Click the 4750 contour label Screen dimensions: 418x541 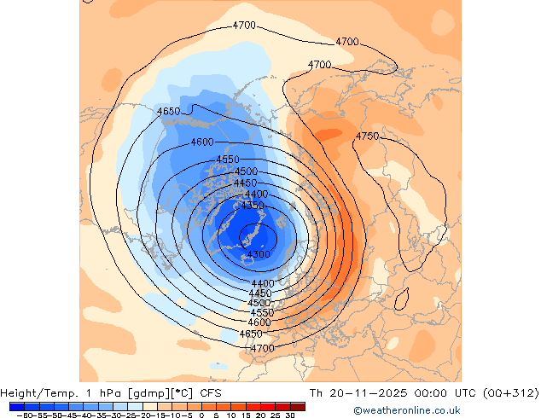pyautogui.click(x=368, y=136)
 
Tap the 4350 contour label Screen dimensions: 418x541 pyautogui.click(x=253, y=206)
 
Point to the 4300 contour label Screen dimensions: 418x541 pyautogui.click(x=259, y=254)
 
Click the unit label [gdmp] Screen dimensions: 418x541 pyautogui.click(x=143, y=393)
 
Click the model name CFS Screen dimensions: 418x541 pyautogui.click(x=212, y=393)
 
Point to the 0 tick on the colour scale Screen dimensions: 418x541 pyautogui.click(x=201, y=415)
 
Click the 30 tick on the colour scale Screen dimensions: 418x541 pyautogui.click(x=290, y=415)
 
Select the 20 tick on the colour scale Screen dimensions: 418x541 pyautogui.click(x=261, y=415)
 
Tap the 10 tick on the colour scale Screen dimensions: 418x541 pyautogui.click(x=231, y=415)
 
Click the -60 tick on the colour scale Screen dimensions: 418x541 pyautogui.click(x=22, y=415)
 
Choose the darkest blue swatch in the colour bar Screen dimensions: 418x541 pyautogui.click(x=17, y=406)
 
